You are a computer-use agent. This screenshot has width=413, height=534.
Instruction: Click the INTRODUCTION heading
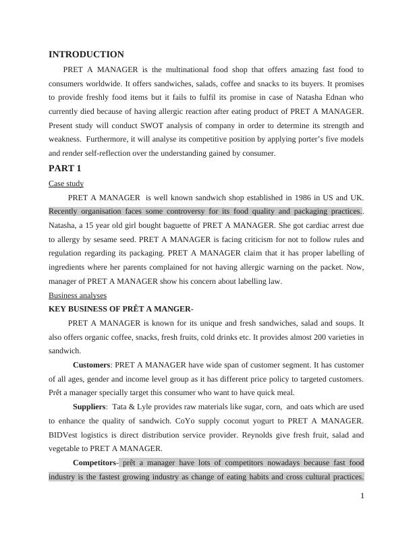(86, 55)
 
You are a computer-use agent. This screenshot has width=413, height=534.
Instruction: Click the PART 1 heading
(65, 169)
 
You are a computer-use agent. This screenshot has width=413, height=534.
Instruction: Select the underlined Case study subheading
(66, 183)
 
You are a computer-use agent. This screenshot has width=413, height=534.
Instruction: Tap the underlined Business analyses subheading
(78, 295)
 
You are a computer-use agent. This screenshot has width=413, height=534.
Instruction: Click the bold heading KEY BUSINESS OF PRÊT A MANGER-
(121, 309)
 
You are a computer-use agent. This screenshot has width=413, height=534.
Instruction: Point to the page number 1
(362, 496)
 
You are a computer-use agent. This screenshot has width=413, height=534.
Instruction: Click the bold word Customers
(91, 365)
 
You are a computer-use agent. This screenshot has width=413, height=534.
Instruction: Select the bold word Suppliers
(89, 407)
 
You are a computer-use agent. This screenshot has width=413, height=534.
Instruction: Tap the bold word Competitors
(95, 463)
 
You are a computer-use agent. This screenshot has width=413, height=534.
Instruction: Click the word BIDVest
(67, 436)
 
